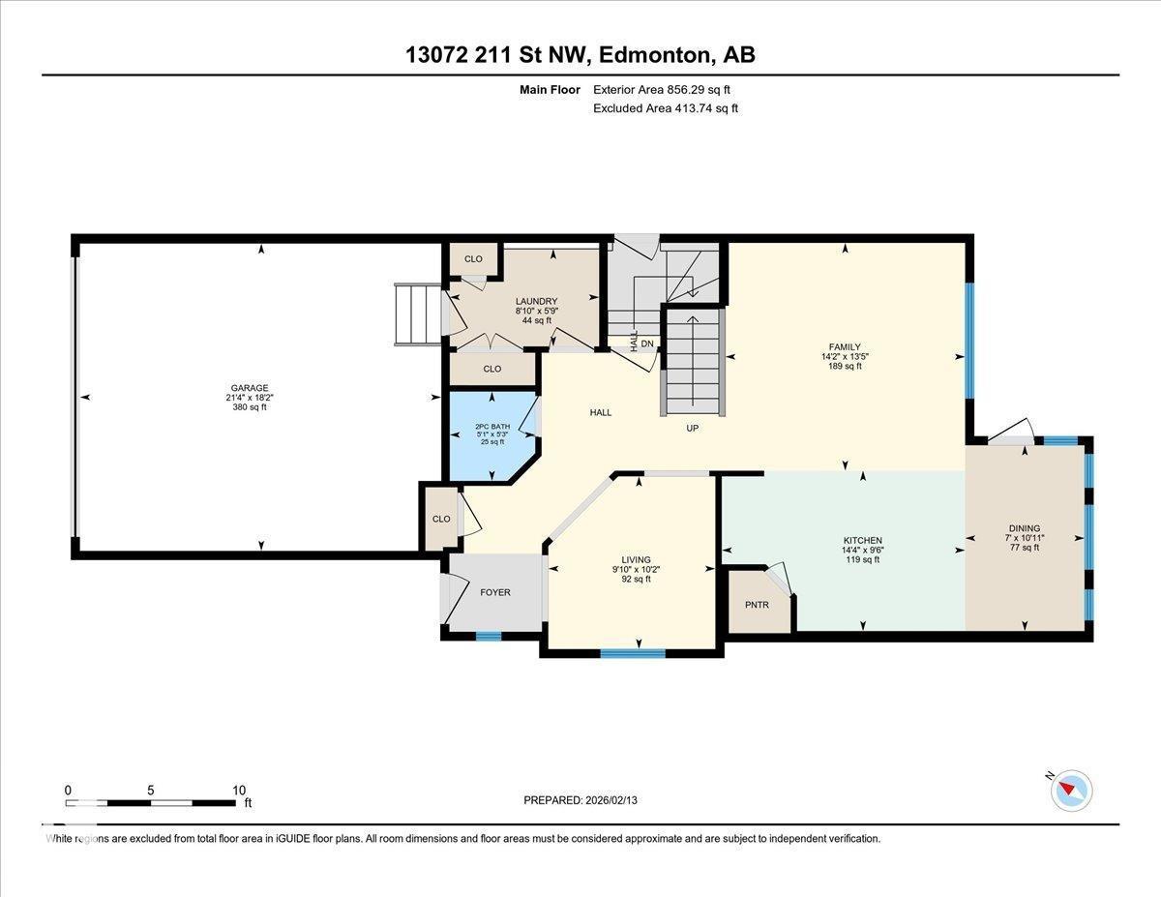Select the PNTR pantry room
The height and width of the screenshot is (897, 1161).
pos(757,604)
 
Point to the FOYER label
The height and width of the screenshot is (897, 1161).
pos(495,592)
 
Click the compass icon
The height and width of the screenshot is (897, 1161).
pos(1071,790)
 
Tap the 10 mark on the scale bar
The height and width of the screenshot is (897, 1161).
pos(239,790)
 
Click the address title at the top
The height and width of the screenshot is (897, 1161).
pos(580,55)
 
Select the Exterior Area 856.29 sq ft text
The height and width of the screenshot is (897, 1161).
pos(662,90)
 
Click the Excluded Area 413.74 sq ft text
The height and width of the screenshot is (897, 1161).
pos(665,108)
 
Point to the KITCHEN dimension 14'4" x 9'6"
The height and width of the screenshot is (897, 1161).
pos(862,550)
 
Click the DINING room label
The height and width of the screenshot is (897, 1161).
pos(1023,527)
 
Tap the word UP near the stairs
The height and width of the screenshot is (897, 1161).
pos(692,428)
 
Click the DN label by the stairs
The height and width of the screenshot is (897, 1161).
pos(647,343)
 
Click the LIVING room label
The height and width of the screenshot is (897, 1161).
pos(636,559)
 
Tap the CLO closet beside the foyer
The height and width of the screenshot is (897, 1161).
pos(441,520)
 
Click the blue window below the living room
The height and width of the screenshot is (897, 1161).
pos(633,653)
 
